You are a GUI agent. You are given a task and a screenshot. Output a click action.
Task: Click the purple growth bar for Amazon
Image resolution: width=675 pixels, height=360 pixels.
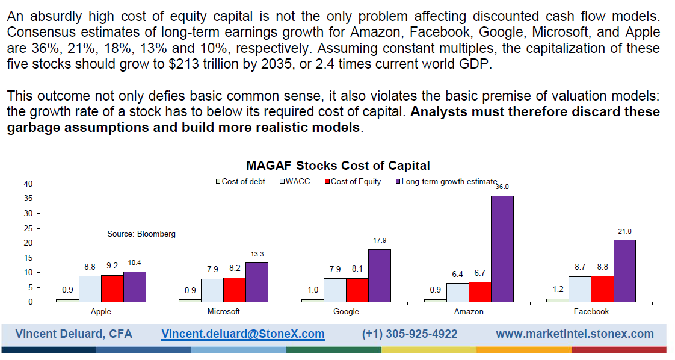[x=502, y=249]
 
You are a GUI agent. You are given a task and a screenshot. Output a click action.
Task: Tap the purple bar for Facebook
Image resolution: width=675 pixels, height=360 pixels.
[x=624, y=270]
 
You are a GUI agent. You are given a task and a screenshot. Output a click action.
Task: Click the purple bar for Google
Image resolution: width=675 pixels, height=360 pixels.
[x=380, y=275]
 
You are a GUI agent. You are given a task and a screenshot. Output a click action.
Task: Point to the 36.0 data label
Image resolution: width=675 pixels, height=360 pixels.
[x=502, y=187]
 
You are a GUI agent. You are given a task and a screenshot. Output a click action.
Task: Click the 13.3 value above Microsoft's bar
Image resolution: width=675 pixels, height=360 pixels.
[x=257, y=254]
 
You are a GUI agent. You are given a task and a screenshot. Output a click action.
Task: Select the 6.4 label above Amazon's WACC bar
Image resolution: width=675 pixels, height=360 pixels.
[x=457, y=274]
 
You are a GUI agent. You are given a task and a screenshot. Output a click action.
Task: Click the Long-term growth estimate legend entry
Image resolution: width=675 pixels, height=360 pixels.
[x=449, y=181]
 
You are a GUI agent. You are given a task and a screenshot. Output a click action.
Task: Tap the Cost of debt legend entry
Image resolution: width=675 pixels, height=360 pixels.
[x=242, y=181]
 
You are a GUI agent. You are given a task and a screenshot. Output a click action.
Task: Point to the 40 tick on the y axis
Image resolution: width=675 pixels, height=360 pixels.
[x=28, y=184]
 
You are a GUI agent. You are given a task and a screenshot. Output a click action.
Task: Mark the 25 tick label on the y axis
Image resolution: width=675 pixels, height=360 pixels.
[x=28, y=228]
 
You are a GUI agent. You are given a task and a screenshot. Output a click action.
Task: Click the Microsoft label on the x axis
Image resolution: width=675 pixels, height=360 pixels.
[x=224, y=311]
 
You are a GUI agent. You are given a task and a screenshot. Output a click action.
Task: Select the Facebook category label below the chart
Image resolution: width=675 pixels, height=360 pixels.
[x=591, y=311]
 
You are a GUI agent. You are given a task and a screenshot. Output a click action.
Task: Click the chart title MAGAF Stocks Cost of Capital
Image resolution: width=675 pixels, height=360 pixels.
[x=337, y=166]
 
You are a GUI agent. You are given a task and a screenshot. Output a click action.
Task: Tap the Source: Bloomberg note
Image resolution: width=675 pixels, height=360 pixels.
[x=141, y=234]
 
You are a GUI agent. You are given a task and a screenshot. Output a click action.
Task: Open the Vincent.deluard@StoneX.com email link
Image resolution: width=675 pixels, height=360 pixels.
[x=242, y=334]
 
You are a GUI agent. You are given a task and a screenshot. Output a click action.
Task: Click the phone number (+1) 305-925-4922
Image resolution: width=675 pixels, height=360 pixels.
[x=409, y=334]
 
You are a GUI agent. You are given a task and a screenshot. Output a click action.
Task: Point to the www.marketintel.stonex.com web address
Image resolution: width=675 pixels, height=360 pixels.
[x=574, y=334]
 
